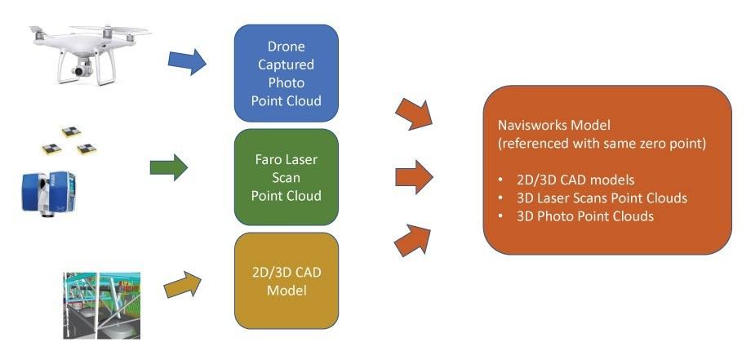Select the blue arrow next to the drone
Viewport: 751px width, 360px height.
click(187, 60)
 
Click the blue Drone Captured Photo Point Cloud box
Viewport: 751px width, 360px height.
click(286, 73)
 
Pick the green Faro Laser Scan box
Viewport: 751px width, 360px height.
click(286, 176)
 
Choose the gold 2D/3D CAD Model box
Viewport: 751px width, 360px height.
click(286, 280)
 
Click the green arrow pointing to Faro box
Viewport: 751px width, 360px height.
click(170, 169)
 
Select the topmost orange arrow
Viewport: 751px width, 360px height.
click(415, 113)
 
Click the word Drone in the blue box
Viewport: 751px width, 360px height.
click(286, 47)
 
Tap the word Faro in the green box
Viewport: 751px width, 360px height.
click(269, 159)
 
